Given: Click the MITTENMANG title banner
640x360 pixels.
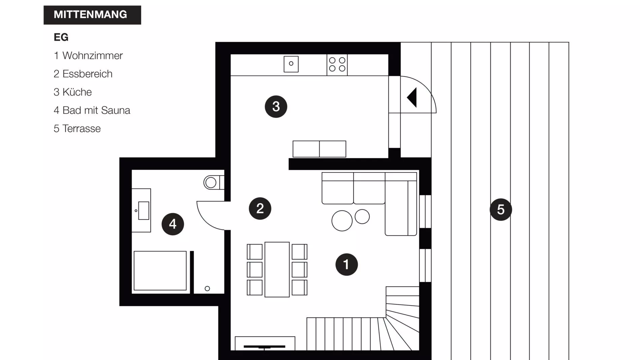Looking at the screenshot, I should tap(92, 15).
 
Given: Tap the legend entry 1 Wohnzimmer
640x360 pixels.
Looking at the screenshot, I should tap(88, 56).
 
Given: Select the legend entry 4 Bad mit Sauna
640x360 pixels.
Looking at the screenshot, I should tap(92, 110).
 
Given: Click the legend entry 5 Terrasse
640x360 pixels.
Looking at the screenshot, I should tap(77, 128).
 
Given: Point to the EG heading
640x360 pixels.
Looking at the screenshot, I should tap(61, 37).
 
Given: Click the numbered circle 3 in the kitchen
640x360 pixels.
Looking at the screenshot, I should tap(276, 106).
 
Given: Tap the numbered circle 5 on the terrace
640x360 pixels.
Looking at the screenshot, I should tap(501, 209).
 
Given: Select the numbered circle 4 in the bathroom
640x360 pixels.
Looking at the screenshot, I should tap(172, 224).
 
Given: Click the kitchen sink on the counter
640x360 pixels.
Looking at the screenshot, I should tap(291, 64).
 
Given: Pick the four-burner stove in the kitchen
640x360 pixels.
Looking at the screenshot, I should tap(337, 64).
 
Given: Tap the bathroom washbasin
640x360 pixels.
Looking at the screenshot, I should tap(143, 210).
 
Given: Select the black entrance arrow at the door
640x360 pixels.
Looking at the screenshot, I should tap(412, 98).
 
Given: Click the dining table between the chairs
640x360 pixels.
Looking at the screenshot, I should tap(277, 269).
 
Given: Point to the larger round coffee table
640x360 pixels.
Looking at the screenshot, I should tap(342, 221).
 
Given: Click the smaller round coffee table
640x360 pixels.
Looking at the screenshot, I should tap(362, 217).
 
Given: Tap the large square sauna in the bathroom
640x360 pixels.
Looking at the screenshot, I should tap(160, 270).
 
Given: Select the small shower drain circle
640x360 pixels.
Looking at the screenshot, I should tap(207, 289).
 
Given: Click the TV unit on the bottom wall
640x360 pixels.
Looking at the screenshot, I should tap(265, 343).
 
